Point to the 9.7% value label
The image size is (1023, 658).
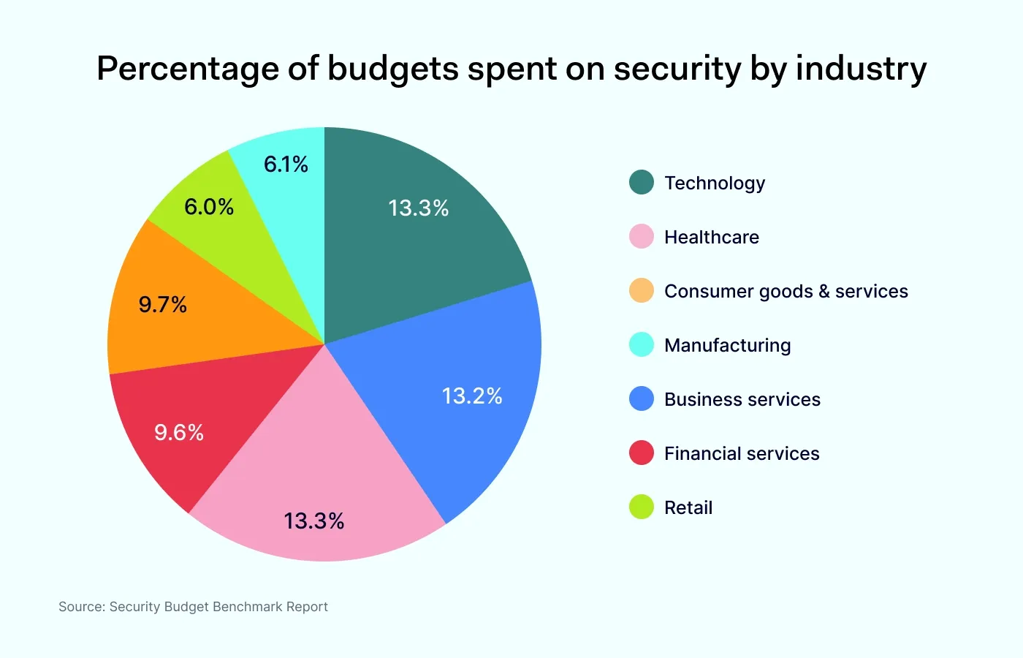(163, 304)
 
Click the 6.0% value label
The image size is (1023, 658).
(209, 207)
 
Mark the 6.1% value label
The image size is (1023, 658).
(286, 164)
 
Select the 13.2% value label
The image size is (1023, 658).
(472, 396)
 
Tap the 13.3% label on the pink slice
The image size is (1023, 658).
(314, 521)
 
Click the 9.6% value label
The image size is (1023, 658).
(179, 432)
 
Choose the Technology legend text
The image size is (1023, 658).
(715, 183)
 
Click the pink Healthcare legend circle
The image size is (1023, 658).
(642, 237)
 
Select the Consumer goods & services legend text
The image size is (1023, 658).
(786, 291)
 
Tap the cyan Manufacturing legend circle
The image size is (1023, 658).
(642, 345)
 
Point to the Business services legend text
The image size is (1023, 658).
(742, 399)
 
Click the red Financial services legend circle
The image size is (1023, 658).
(642, 453)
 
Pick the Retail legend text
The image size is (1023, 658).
(688, 507)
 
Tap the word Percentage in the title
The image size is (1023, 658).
(186, 69)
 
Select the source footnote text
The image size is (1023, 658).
(193, 607)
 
